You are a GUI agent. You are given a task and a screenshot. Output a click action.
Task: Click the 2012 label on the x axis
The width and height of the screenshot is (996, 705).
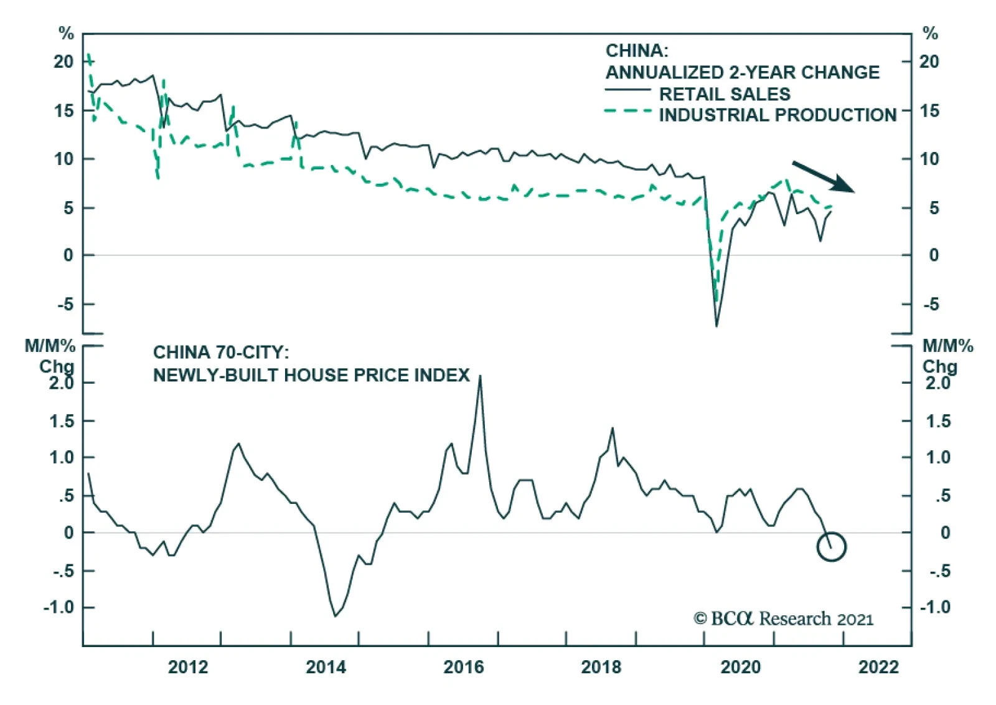[x=188, y=667]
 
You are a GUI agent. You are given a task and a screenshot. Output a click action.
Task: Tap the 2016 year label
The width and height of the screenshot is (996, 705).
[x=463, y=667]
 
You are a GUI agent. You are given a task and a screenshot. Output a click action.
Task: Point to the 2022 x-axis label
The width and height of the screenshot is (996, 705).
[x=878, y=667]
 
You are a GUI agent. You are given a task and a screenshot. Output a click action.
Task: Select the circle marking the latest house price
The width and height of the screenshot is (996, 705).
[x=831, y=547]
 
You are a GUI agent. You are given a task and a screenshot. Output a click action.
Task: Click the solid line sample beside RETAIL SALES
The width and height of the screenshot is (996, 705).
[x=627, y=91]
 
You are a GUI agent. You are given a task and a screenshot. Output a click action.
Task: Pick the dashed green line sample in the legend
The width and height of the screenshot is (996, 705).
[x=627, y=111]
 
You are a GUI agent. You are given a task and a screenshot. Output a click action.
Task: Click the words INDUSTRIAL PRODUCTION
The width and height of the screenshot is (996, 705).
[x=778, y=115]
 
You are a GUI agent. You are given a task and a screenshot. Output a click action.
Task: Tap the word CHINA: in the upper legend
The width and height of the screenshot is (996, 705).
[x=637, y=51]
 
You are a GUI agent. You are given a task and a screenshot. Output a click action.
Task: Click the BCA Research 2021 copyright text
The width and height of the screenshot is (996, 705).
[x=784, y=618]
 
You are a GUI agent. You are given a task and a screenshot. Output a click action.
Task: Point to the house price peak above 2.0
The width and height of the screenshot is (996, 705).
[x=480, y=377]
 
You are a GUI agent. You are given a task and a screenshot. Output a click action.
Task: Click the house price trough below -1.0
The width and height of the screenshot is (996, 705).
[x=336, y=615]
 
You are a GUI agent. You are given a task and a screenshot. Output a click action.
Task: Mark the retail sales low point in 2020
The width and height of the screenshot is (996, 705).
[x=716, y=324]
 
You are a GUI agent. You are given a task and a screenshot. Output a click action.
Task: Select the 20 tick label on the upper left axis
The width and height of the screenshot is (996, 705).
[x=63, y=62]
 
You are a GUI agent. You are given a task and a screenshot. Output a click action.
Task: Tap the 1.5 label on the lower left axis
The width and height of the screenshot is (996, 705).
[x=62, y=422]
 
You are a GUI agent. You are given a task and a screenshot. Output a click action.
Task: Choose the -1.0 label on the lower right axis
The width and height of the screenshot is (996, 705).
[x=935, y=607]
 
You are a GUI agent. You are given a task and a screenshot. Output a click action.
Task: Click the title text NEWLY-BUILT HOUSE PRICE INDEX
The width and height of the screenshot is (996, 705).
[x=311, y=376]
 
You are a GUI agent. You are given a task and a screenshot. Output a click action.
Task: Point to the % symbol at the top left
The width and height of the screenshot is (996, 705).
[x=66, y=34]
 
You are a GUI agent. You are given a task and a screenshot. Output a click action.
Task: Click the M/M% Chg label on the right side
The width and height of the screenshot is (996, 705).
[x=947, y=356]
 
